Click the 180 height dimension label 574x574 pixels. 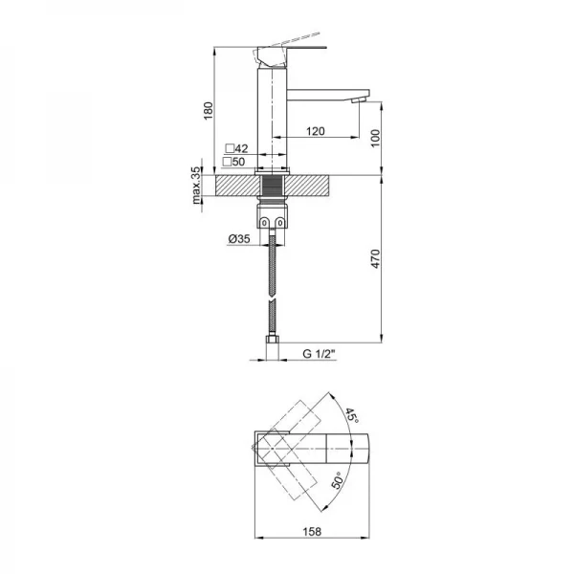(208, 111)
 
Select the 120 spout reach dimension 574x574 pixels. (315, 131)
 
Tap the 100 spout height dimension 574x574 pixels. (376, 138)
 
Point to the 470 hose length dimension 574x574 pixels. (376, 259)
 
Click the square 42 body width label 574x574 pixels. (236, 148)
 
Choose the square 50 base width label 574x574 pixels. (234, 162)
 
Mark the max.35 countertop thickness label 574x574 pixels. (196, 186)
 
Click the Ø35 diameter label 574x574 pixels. (239, 239)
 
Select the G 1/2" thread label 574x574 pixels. (319, 354)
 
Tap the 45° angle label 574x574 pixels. (351, 416)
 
